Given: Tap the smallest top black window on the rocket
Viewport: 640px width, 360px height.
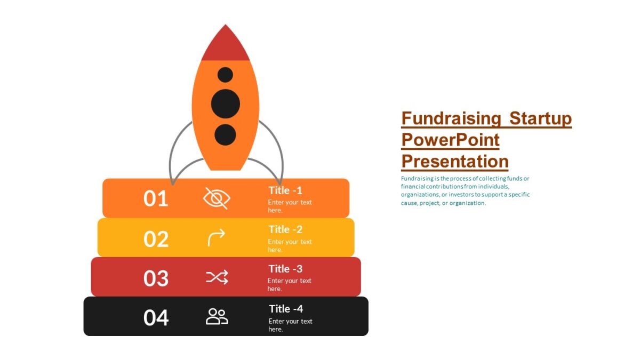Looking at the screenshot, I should [x=225, y=75].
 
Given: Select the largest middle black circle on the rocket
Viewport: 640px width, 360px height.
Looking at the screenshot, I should [x=225, y=103].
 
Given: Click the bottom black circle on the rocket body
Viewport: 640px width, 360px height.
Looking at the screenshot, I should [x=225, y=134].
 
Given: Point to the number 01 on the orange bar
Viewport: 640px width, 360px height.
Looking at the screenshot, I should [x=156, y=198].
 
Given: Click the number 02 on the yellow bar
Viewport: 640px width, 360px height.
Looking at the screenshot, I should [x=156, y=239].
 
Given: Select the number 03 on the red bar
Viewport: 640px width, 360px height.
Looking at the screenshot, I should [x=156, y=278].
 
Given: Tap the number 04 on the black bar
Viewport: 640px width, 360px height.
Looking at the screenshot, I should [x=156, y=317].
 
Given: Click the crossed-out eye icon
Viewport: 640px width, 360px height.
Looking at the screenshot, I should [x=217, y=198].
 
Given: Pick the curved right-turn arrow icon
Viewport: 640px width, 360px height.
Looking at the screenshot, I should [x=217, y=238].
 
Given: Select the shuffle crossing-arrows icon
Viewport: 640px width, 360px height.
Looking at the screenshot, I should [x=217, y=277].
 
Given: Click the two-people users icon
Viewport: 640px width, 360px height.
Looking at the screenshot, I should [x=217, y=316].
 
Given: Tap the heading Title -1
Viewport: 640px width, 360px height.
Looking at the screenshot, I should [x=285, y=190].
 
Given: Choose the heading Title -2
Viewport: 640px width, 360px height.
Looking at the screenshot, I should [x=285, y=229].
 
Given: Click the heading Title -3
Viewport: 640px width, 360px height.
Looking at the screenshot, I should [x=285, y=269].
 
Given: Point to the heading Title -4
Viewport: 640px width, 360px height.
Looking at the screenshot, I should [x=286, y=309].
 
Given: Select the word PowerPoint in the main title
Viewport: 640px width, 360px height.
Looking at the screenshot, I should [x=450, y=140].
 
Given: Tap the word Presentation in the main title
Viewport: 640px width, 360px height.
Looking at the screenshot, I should [x=454, y=161].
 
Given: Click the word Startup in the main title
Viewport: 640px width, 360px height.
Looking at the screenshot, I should [x=540, y=118].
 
